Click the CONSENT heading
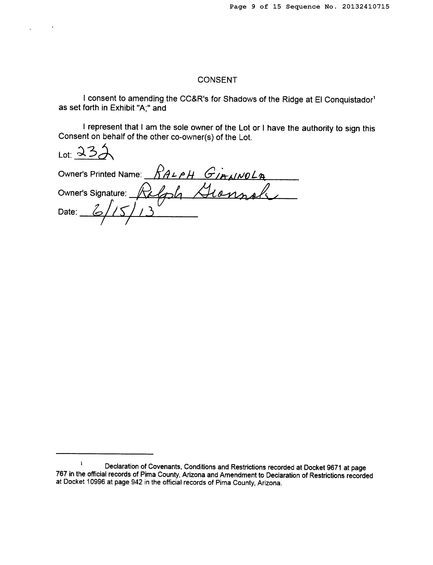click(x=217, y=80)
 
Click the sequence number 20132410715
click(x=366, y=7)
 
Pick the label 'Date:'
click(x=67, y=212)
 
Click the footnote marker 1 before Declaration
click(x=81, y=464)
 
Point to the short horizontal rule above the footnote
click(x=105, y=454)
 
